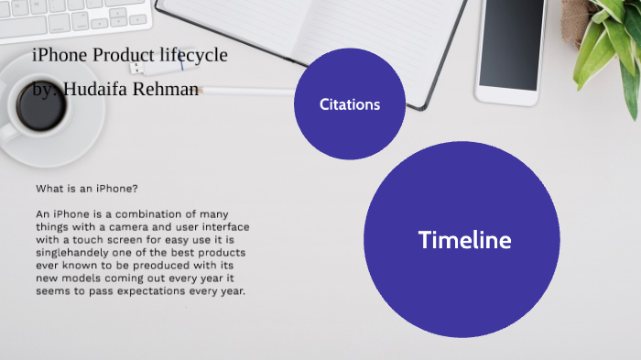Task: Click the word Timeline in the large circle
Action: tap(464, 240)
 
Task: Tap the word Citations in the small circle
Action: tap(349, 104)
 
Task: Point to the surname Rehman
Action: tap(168, 90)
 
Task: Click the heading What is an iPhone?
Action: tap(87, 189)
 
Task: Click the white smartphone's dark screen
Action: tap(513, 41)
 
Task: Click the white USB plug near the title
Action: tap(137, 68)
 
